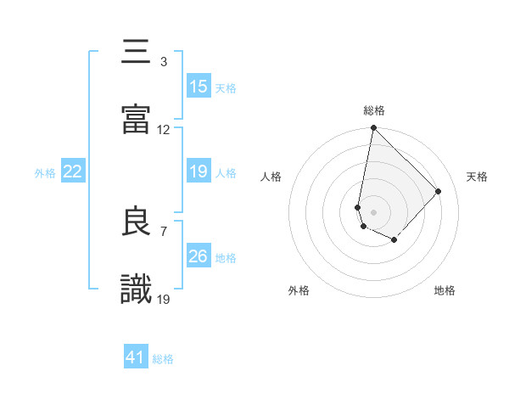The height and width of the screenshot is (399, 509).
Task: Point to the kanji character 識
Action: [x=137, y=288]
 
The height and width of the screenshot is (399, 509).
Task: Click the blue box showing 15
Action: [x=198, y=87]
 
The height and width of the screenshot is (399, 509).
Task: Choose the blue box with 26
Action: [x=198, y=256]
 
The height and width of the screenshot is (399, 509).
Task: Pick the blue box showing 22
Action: [x=73, y=171]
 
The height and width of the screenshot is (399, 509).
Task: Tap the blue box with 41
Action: [x=136, y=358]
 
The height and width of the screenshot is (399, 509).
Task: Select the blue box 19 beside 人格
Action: [x=198, y=171]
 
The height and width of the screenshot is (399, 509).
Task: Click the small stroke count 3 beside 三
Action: [x=164, y=62]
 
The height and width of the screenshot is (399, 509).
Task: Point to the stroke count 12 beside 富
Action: [x=164, y=130]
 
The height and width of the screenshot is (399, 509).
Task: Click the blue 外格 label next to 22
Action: [x=45, y=172]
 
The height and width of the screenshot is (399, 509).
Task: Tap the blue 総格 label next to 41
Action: [x=163, y=359]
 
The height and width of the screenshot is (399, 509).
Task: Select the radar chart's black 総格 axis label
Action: [x=374, y=110]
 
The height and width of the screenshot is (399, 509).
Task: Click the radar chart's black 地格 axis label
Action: [x=445, y=291]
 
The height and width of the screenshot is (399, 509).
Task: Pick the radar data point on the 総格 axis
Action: [x=373, y=129]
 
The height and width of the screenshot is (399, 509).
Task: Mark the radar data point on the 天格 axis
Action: [x=439, y=191]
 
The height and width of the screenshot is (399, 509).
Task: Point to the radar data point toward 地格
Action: [x=394, y=240]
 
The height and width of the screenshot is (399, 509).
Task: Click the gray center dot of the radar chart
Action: [x=373, y=211]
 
